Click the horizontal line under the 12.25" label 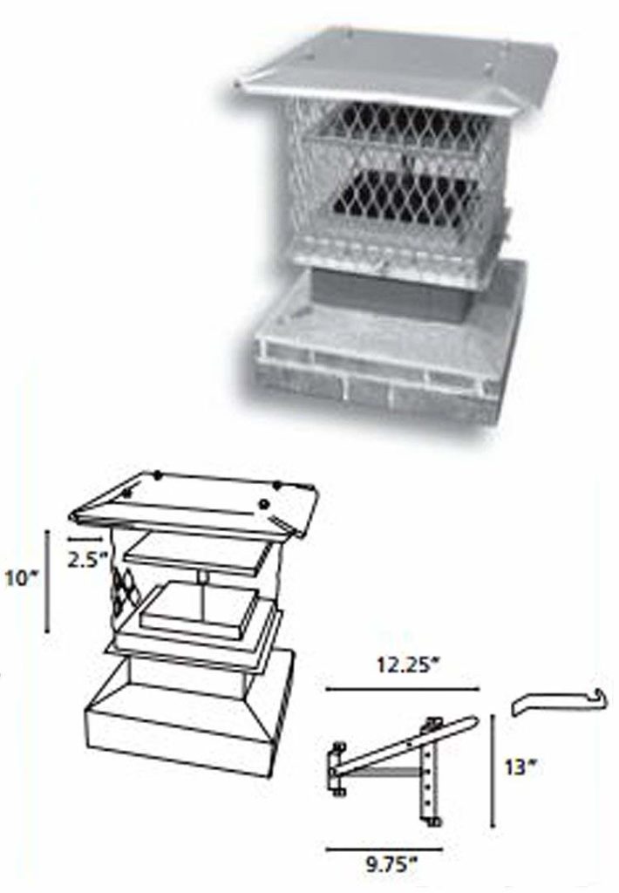402,689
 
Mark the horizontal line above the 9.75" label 391,847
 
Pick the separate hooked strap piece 554,699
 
